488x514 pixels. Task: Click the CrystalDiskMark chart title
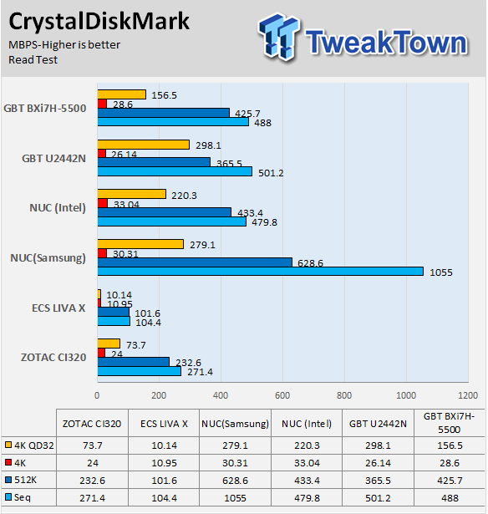[x=99, y=22]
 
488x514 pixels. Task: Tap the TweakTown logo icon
[x=279, y=36]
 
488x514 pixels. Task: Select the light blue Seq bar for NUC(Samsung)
[x=261, y=271]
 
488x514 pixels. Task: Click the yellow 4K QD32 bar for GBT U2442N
[x=144, y=145]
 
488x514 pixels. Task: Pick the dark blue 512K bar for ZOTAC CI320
[x=134, y=362]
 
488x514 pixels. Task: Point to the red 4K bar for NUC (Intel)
[x=103, y=203]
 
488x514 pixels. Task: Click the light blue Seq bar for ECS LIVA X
[x=114, y=321]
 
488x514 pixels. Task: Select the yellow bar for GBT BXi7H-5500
[x=122, y=94]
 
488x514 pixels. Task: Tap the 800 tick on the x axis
[x=344, y=395]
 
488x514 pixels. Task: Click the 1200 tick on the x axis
[x=468, y=395]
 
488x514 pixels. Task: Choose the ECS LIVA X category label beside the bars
[x=58, y=308]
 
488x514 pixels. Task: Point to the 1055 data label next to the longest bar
[x=441, y=272]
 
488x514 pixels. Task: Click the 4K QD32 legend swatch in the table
[x=8, y=445]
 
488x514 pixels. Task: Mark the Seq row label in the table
[x=23, y=497]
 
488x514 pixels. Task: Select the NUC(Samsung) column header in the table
[x=235, y=424]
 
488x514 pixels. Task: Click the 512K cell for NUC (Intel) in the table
[x=307, y=481]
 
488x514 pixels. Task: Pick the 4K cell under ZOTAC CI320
[x=93, y=463]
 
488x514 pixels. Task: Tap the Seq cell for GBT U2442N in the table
[x=378, y=498]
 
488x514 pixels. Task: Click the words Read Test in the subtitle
[x=33, y=59]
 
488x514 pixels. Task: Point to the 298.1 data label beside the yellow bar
[x=208, y=145]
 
